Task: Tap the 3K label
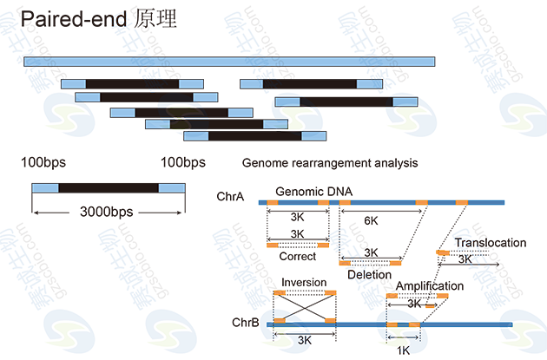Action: (306, 341)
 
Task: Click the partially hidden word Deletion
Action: (360, 273)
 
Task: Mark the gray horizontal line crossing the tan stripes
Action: (382, 202)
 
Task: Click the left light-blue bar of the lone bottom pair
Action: (44, 188)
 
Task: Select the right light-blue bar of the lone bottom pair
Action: (171, 188)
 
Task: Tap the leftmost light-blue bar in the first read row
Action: (73, 83)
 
